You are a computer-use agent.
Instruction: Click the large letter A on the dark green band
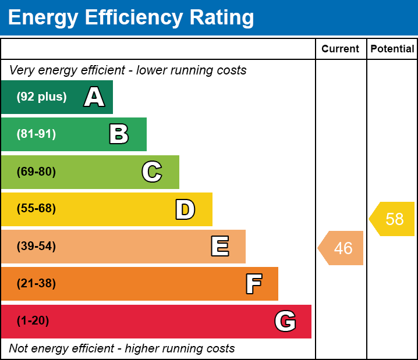point(94,97)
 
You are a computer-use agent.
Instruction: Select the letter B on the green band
point(119,134)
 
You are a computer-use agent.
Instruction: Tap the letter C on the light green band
point(152,172)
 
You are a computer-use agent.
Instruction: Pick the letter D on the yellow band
point(185,209)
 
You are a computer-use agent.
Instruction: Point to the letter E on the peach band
point(219,247)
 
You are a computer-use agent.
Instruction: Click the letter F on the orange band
point(253,284)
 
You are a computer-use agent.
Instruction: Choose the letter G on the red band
point(285,321)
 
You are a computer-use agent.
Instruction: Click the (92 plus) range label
point(41,97)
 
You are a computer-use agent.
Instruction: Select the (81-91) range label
point(36,134)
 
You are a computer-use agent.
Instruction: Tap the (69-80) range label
point(36,172)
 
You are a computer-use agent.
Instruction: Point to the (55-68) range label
point(36,209)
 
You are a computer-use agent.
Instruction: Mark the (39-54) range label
point(36,247)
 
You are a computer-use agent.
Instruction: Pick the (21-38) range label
point(36,284)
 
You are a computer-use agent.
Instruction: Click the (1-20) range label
point(33,321)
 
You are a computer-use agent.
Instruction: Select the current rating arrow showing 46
point(342,248)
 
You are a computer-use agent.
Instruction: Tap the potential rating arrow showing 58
point(393,219)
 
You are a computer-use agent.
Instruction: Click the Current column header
point(341,49)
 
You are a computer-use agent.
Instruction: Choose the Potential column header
point(392,49)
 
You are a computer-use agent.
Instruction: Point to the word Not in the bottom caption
point(19,349)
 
